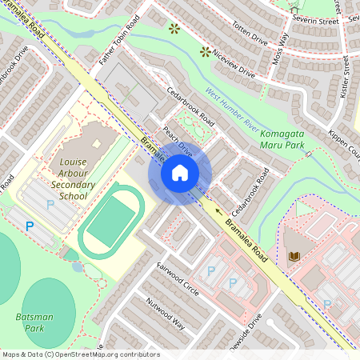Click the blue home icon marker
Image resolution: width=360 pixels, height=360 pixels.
coord(180,172)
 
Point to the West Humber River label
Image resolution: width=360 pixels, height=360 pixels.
coord(231,110)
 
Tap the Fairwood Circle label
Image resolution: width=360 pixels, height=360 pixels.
coord(178,278)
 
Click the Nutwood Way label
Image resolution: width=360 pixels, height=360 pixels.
coord(166,314)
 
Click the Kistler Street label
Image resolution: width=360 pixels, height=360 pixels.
coord(346,76)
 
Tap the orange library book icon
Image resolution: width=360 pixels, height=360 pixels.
coord(293,256)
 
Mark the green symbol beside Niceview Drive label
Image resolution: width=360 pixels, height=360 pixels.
coord(205,53)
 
